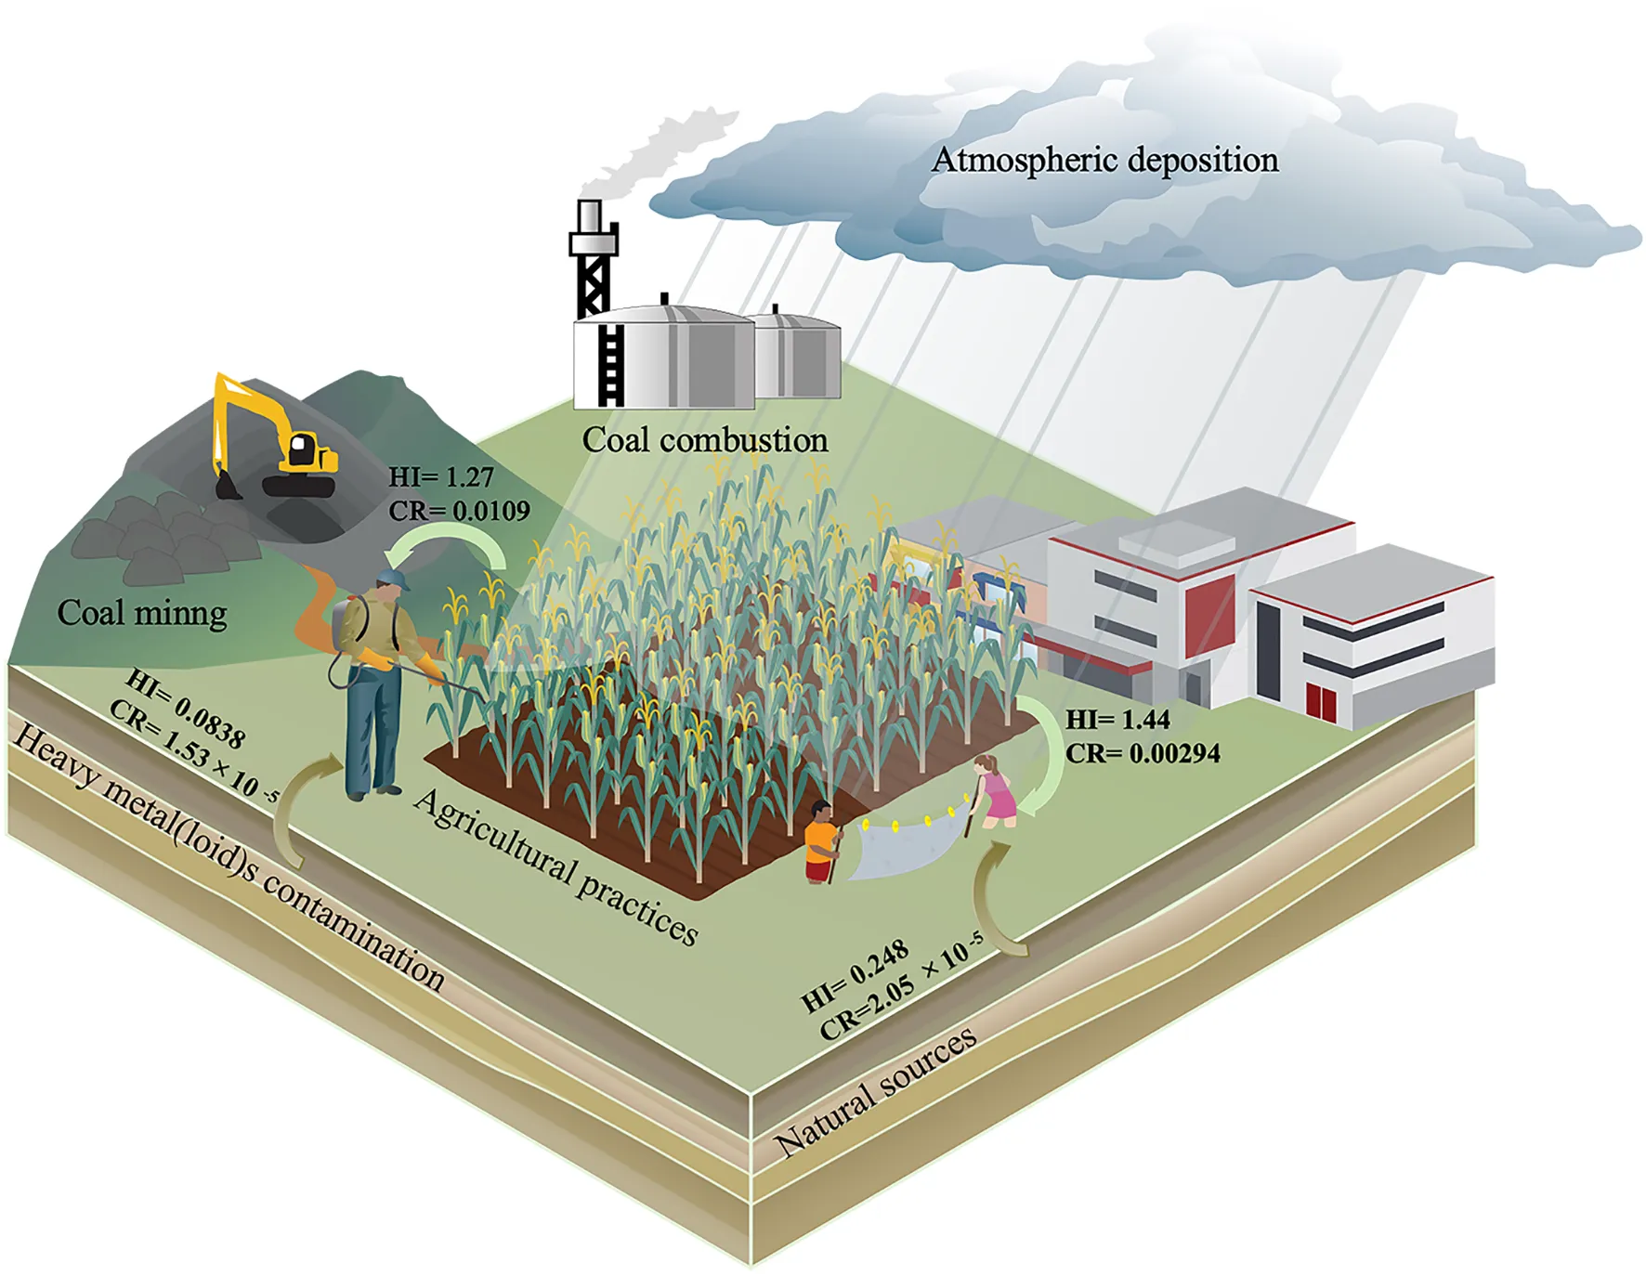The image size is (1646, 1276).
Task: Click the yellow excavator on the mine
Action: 275,436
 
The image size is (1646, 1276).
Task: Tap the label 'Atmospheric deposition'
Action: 1105,160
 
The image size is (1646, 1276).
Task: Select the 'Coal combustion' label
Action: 705,439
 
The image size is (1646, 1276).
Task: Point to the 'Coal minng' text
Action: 142,613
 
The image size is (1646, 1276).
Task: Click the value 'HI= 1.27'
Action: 441,477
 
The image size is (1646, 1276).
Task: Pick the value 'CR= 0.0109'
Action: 460,511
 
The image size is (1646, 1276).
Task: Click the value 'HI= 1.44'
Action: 1117,720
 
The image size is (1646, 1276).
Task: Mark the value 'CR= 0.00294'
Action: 1143,753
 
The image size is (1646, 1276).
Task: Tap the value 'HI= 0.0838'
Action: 186,709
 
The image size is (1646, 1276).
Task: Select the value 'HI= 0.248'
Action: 855,975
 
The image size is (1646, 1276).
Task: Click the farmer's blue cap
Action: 395,579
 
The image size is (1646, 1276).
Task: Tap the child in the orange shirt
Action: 822,841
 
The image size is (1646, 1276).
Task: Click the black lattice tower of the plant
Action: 593,260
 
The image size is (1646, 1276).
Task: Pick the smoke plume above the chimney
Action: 664,153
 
